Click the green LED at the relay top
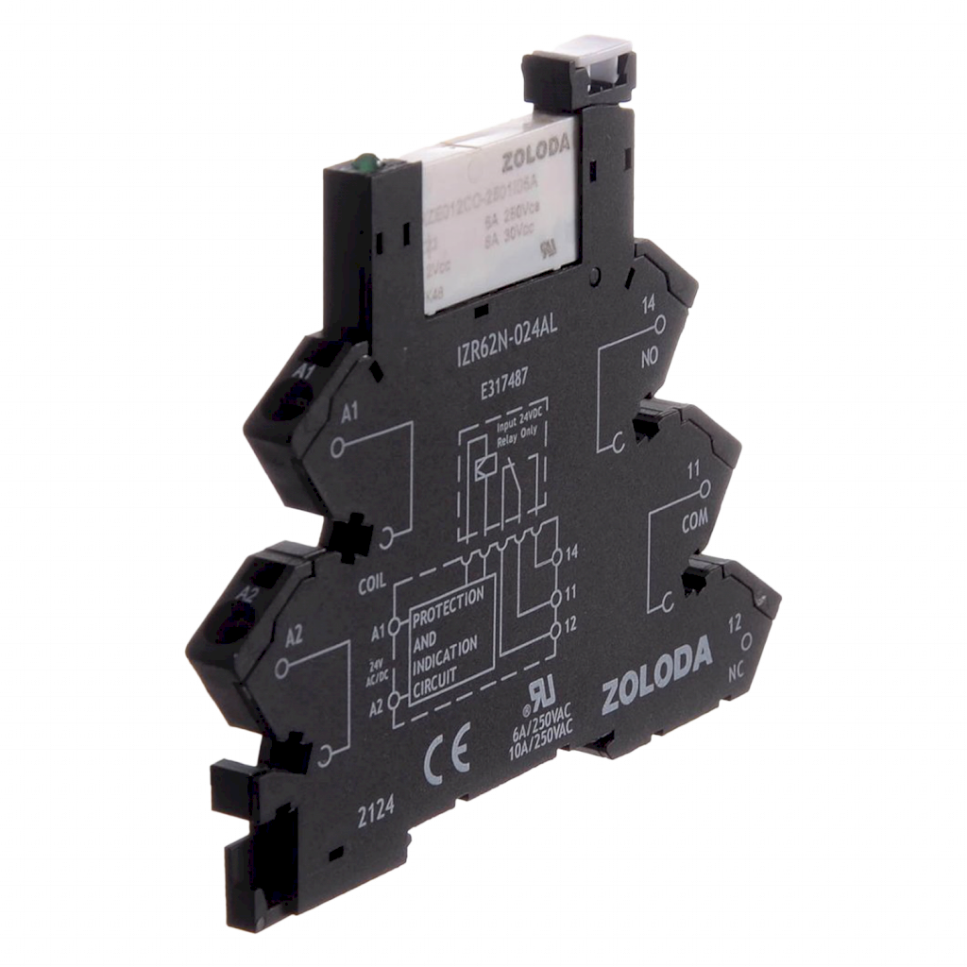[x=361, y=163]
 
